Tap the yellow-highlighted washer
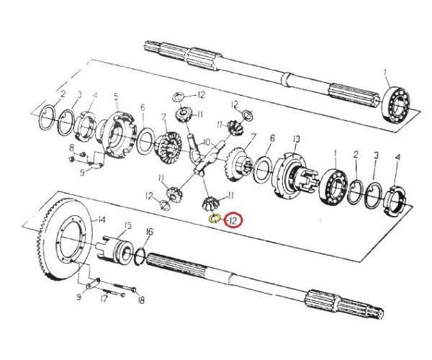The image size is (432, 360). (214, 218)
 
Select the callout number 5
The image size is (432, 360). (115, 96)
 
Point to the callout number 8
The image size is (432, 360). (72, 148)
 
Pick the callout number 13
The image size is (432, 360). (295, 139)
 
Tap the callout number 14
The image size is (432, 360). (102, 220)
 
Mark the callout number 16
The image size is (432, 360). (149, 232)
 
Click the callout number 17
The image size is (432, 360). (105, 296)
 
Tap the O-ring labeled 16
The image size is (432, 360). (141, 253)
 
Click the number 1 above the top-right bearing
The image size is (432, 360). (385, 71)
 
